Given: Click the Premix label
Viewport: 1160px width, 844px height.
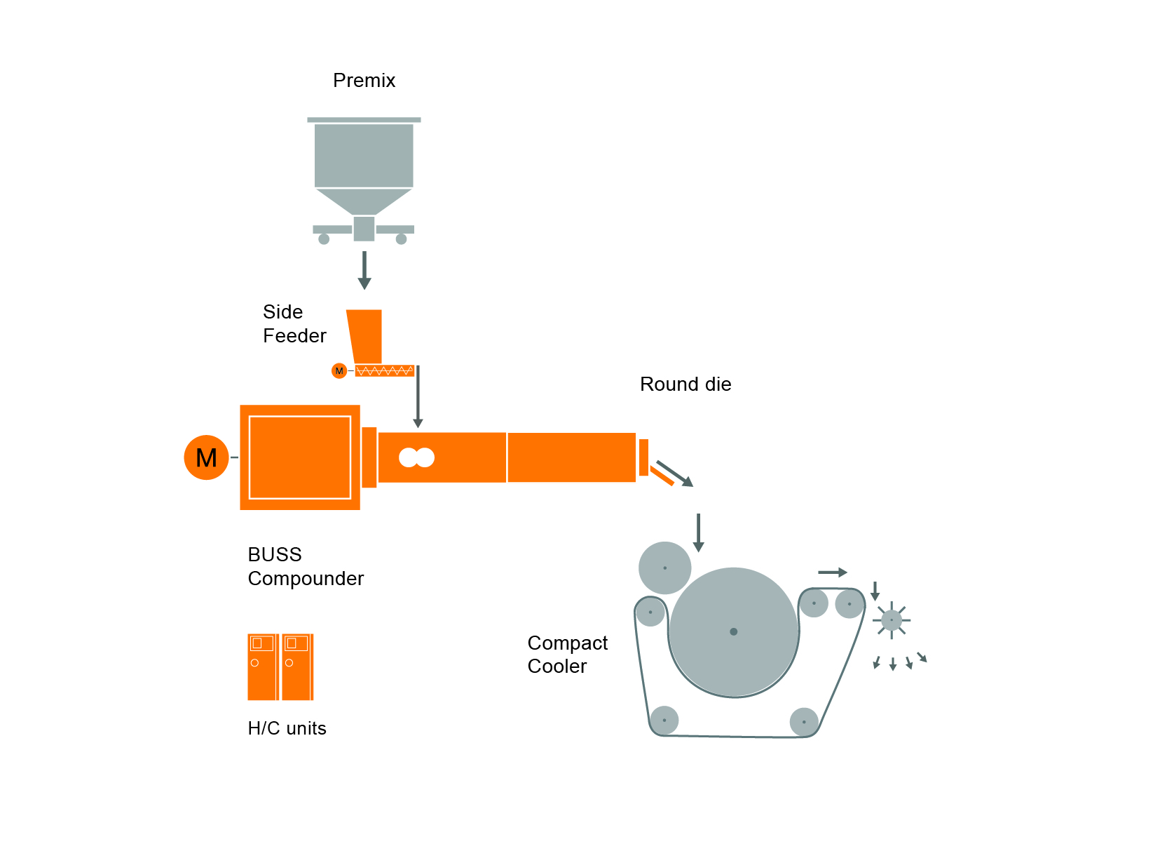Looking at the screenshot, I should coord(364,81).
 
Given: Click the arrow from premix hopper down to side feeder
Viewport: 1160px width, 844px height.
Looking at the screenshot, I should coord(364,270).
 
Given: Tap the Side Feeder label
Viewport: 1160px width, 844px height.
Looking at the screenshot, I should coord(294,324).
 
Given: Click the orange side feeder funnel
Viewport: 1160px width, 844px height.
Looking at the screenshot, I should coord(365,335).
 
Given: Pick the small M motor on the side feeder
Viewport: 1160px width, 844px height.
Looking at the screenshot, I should coord(339,370).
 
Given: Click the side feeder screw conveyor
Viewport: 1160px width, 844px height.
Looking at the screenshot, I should coord(384,370).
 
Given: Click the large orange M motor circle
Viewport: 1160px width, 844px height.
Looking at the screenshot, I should coord(206,457).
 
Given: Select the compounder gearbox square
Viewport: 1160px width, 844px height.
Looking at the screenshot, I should coord(300,457).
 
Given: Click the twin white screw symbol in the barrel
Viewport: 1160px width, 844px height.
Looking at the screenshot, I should coord(416,457).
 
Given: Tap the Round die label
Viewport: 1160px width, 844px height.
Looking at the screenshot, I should coord(685,384).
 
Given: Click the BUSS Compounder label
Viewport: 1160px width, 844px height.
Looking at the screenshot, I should coord(305,567).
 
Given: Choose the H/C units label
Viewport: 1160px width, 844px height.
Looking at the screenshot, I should coord(287,728).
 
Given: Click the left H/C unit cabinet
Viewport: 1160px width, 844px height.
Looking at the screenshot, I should coord(263,667).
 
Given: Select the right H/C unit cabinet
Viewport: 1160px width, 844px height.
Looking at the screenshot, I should coord(297,667).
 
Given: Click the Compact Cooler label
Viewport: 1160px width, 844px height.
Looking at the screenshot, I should coord(567,655).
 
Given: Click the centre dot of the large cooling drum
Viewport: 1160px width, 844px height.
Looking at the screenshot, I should coord(733,631).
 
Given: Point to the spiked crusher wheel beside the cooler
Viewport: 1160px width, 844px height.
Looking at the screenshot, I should coord(891,620).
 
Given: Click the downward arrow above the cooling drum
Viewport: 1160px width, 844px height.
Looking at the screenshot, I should coord(698,532).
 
